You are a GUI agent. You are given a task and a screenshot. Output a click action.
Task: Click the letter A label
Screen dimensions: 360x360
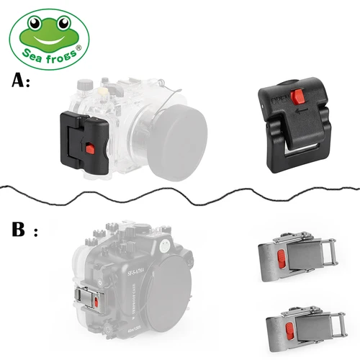(x=20, y=81)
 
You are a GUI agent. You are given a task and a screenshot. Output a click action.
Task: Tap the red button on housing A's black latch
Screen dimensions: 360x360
(x=90, y=148)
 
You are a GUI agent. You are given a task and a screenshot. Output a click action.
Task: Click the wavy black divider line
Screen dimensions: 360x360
(x=180, y=190)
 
